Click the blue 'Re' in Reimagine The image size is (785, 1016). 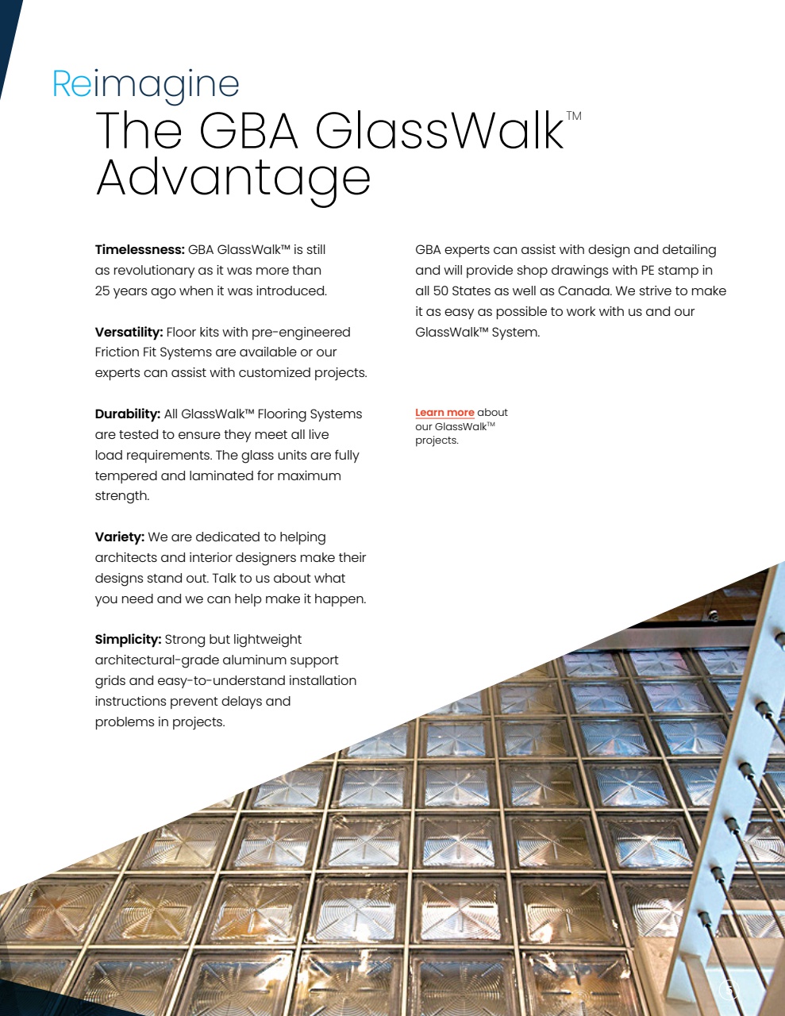[x=72, y=83]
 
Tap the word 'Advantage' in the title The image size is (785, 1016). [x=233, y=178]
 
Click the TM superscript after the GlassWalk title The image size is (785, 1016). [x=574, y=116]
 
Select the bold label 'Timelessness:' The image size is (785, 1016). [x=140, y=250]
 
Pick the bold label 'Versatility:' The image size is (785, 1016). [x=129, y=332]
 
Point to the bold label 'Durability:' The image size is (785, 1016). [x=127, y=414]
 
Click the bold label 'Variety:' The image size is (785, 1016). [x=119, y=537]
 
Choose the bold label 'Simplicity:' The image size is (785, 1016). [x=128, y=640]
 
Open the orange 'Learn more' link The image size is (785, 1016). [x=444, y=413]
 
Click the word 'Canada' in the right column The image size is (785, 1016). [x=584, y=291]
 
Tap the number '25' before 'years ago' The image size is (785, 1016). [x=102, y=291]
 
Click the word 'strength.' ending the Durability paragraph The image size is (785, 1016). [x=122, y=496]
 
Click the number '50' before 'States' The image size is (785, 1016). [x=441, y=291]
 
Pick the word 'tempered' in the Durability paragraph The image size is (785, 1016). [x=125, y=476]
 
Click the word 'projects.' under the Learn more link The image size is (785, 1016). [x=437, y=441]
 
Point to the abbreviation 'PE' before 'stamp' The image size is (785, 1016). [x=648, y=271]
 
